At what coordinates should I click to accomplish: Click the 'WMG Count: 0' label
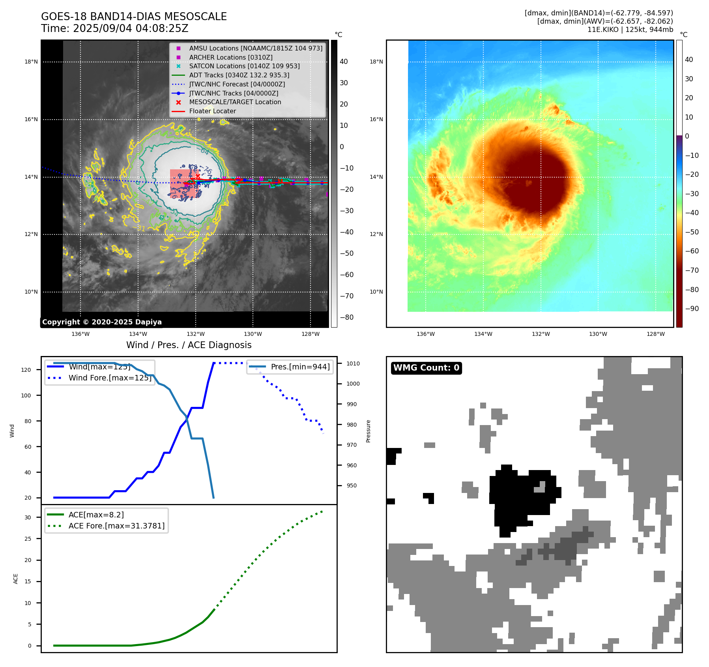click(x=426, y=368)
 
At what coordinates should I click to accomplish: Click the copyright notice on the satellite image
click(x=102, y=322)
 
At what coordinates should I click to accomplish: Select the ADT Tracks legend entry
click(x=239, y=75)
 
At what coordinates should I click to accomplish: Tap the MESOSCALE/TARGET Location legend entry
click(x=235, y=102)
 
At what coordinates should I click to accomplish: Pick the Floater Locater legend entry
click(x=212, y=111)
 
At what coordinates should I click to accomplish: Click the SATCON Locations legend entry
click(x=244, y=66)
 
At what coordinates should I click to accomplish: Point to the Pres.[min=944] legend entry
click(x=300, y=367)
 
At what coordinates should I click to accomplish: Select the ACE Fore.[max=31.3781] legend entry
click(x=116, y=526)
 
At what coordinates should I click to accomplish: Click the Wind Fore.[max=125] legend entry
click(x=110, y=378)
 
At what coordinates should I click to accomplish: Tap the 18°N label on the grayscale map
click(x=31, y=62)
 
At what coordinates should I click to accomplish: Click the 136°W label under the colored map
click(x=425, y=334)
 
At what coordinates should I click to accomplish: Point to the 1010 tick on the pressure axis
click(x=353, y=363)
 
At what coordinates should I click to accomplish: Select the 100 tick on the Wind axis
click(x=26, y=395)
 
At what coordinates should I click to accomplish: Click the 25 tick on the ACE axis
click(x=28, y=539)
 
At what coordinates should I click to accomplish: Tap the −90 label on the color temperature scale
click(x=692, y=309)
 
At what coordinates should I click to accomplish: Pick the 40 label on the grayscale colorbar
click(x=344, y=62)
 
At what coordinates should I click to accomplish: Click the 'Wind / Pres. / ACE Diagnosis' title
click(x=189, y=345)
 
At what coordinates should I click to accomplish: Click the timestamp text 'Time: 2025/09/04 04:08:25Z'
click(x=114, y=28)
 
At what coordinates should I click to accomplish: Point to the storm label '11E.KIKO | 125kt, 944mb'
click(x=630, y=30)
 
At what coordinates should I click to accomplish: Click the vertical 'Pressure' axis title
click(x=368, y=431)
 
